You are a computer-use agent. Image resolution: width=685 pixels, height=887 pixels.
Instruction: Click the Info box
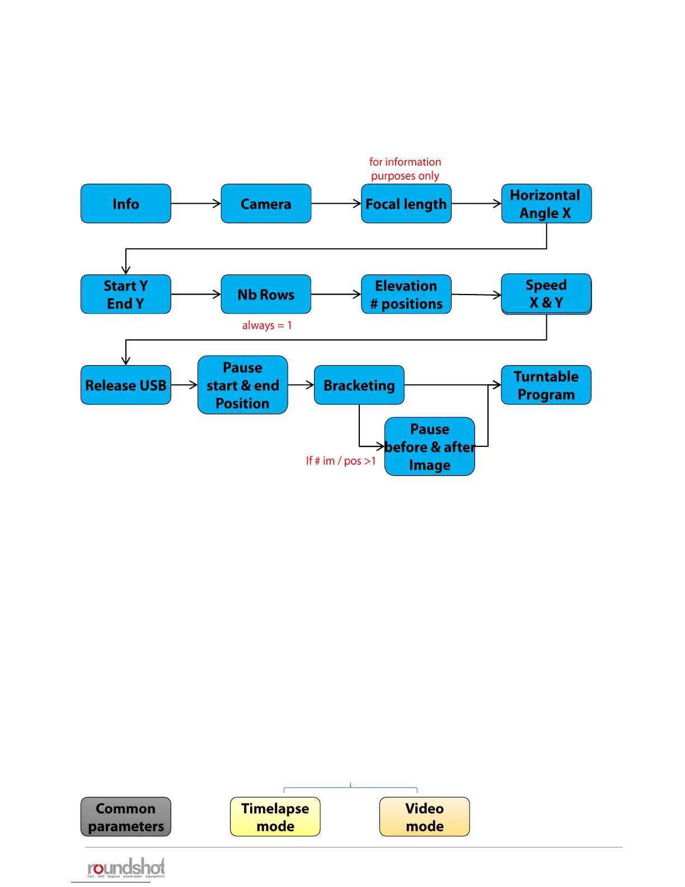tap(126, 204)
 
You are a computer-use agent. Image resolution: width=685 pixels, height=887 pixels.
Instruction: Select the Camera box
tap(266, 204)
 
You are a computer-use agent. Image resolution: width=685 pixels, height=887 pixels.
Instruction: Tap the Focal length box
tap(406, 204)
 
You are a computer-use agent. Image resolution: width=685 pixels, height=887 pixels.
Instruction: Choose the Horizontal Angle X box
tap(546, 204)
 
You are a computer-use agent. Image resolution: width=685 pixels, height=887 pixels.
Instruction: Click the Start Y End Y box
tap(126, 295)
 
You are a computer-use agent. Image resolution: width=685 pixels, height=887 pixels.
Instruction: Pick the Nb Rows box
tap(266, 295)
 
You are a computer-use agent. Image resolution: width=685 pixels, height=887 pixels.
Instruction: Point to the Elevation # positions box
tap(406, 295)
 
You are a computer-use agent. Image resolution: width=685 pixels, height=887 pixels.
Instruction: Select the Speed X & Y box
tap(546, 294)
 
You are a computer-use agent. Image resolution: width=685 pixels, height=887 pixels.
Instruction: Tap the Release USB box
tap(126, 385)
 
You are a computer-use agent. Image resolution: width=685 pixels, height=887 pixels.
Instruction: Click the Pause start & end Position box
tap(243, 385)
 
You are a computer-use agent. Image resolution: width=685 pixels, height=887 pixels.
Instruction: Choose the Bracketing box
tap(359, 385)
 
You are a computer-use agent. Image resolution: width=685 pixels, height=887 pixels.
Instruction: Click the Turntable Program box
tap(546, 385)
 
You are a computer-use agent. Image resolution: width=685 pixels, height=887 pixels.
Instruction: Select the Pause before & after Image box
tap(430, 447)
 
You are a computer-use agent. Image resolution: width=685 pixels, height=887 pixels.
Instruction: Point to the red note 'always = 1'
tap(267, 325)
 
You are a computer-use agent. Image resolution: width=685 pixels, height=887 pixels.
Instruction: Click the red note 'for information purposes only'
tap(405, 169)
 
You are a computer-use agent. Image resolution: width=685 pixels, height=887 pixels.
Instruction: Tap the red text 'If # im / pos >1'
tap(341, 461)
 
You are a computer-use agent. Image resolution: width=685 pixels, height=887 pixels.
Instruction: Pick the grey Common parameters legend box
tap(126, 817)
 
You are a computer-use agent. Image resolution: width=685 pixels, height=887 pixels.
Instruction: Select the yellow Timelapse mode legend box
tap(275, 817)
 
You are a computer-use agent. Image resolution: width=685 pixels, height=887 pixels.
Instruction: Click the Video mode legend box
tap(425, 817)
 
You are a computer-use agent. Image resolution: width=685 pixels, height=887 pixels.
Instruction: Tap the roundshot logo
tap(126, 868)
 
